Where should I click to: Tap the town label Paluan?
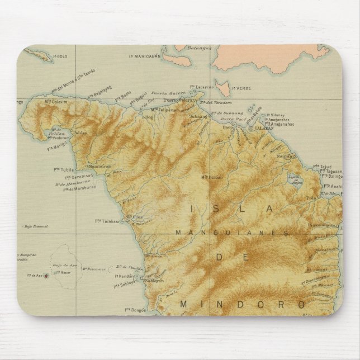80,133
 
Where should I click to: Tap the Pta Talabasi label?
107,221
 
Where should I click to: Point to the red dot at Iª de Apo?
46,275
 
